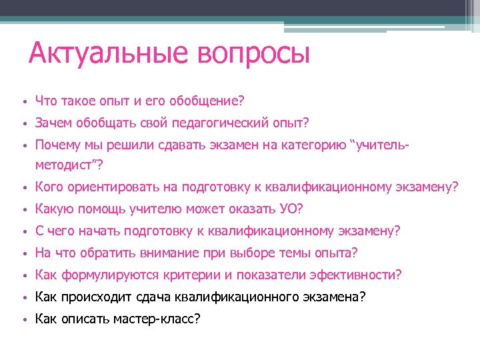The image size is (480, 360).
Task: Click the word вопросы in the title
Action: point(254,53)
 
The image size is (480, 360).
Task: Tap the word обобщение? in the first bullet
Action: point(207,101)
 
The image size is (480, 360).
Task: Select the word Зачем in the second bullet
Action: point(53,123)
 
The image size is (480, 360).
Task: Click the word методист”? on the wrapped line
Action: point(69,164)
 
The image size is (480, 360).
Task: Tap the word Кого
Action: point(49,187)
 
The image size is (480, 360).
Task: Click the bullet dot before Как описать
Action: point(23,319)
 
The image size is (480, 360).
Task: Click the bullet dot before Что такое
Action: point(23,102)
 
